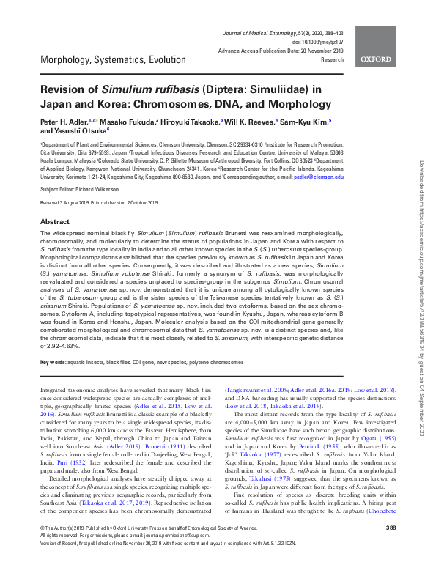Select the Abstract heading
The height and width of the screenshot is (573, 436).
click(55, 221)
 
